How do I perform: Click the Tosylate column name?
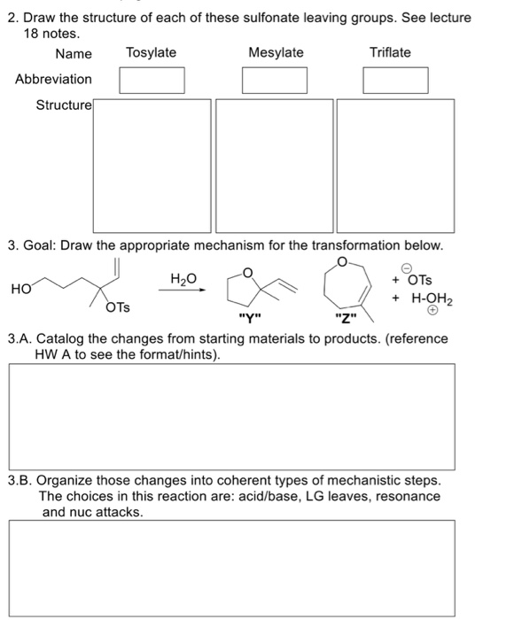coord(151,53)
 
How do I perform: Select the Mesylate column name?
coord(276,53)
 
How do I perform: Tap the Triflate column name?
coord(390,53)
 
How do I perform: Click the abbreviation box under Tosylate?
coord(152,80)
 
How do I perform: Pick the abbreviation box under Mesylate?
coord(275,80)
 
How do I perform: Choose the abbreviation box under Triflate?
coord(396,80)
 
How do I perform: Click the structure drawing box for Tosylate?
coord(152,164)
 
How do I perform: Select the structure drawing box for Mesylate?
coord(274,164)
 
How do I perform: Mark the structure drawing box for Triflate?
coord(395,164)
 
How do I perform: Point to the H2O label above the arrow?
coord(183,280)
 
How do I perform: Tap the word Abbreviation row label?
coord(53,80)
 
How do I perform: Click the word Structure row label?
coord(63,105)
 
